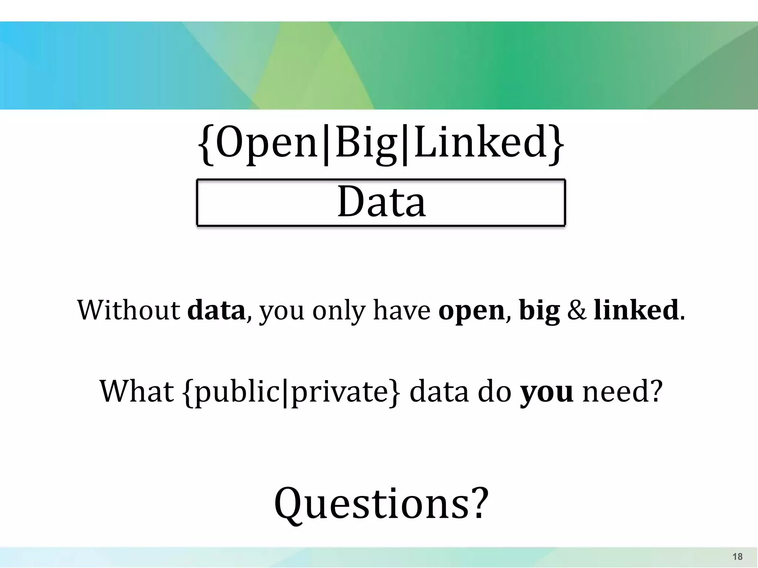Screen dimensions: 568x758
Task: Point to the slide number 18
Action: (737, 557)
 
